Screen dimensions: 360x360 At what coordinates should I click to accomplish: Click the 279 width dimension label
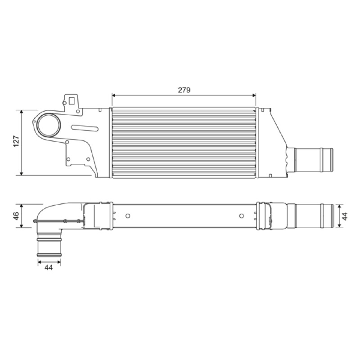coord(184,90)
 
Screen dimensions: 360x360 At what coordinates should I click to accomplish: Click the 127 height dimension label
coord(16,141)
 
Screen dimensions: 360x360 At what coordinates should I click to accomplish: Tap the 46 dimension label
coord(16,216)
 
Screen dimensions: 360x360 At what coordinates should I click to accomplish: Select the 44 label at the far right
coord(345,216)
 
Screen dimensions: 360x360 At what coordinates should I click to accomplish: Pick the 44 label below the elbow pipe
coord(49,267)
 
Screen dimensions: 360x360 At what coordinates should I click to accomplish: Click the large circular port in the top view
coord(49,126)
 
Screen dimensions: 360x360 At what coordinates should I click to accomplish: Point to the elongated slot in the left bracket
coord(85,128)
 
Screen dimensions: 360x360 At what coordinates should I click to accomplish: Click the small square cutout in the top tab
coord(72,100)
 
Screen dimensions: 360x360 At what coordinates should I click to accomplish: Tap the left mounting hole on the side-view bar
coord(128,216)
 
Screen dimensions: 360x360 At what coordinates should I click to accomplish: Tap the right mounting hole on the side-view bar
coord(241,216)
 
